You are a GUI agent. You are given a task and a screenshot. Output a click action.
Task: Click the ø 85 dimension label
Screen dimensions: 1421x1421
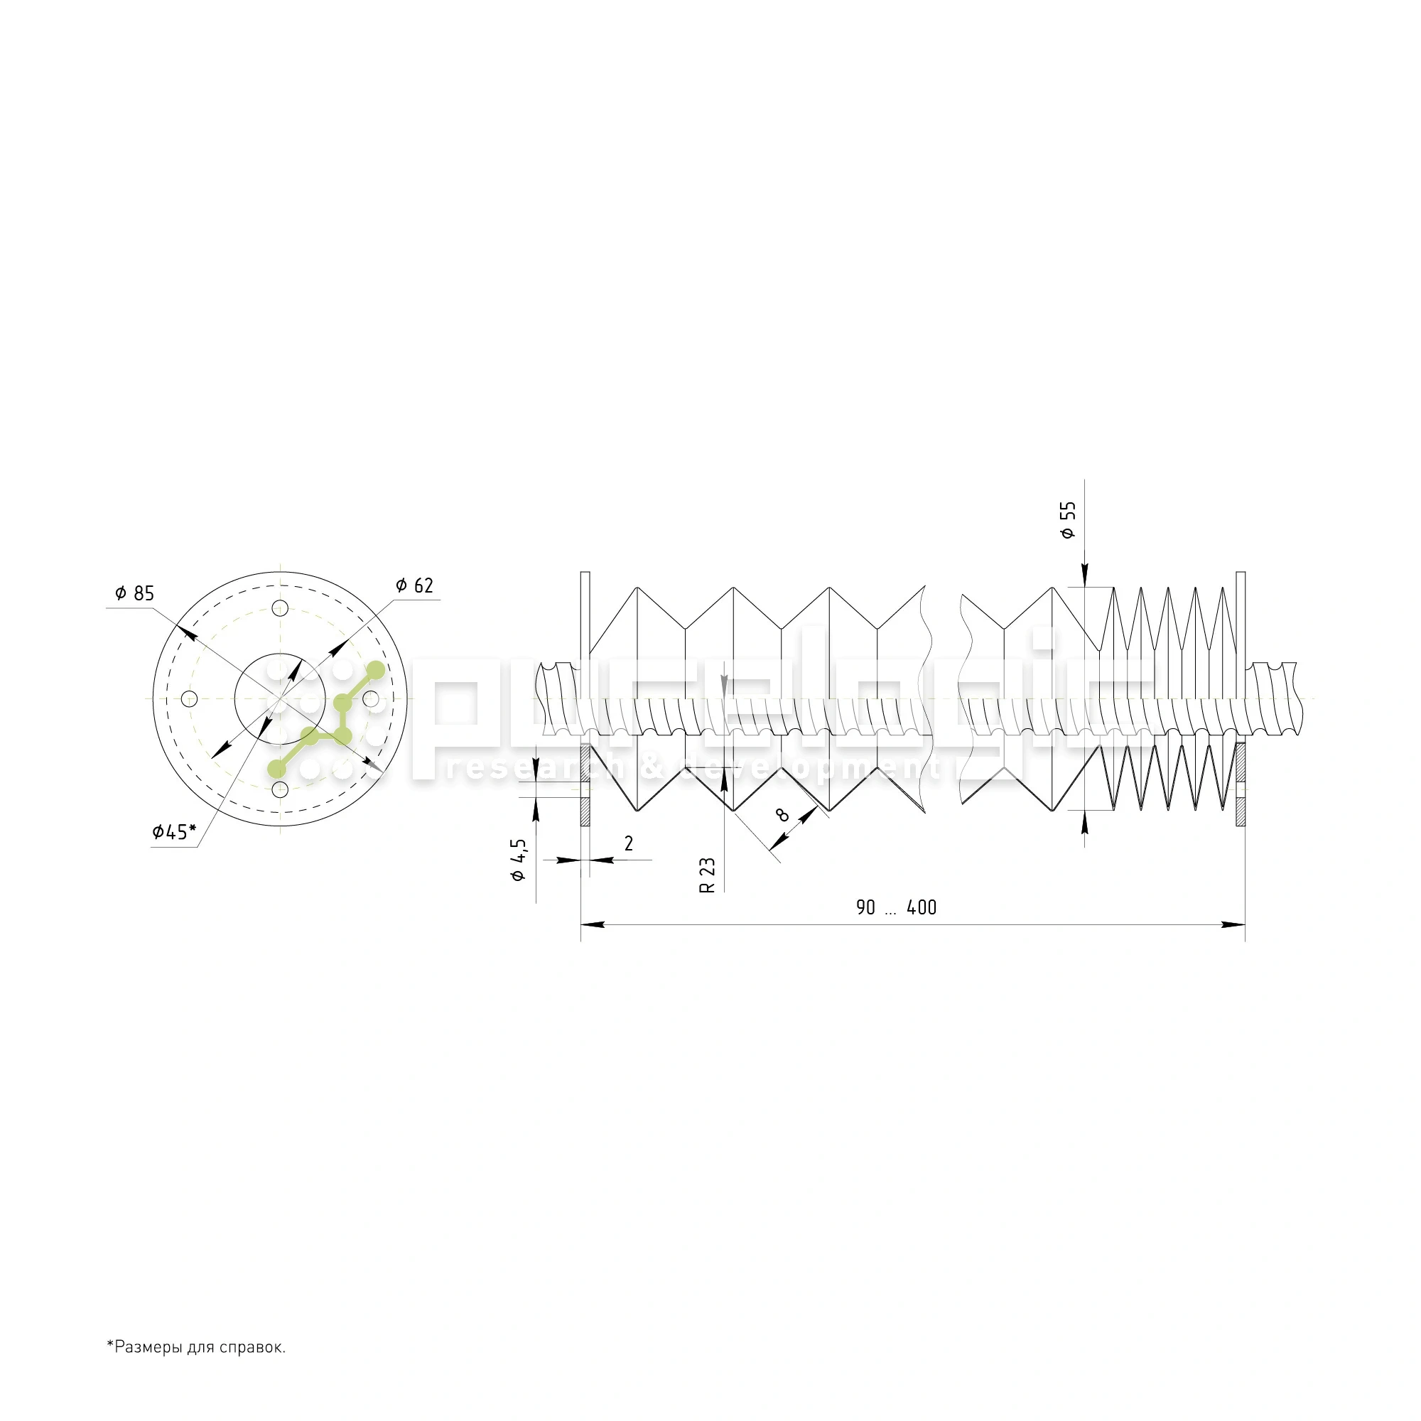pos(135,593)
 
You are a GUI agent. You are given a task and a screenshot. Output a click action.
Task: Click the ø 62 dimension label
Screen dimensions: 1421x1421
pos(415,585)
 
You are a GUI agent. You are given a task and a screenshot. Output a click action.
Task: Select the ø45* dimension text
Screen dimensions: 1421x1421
pos(174,832)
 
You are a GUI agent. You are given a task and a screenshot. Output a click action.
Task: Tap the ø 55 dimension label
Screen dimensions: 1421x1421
pos(1068,521)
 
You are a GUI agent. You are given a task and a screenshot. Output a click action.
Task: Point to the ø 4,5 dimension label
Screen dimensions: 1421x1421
pos(519,859)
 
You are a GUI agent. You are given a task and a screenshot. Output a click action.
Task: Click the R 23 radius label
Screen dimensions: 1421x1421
pos(707,875)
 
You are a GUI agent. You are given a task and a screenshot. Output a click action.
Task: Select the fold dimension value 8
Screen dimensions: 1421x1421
pos(782,814)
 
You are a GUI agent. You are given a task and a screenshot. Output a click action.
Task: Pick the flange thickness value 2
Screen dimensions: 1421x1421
pos(628,843)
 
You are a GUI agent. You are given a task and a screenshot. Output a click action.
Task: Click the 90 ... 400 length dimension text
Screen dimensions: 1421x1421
pos(896,907)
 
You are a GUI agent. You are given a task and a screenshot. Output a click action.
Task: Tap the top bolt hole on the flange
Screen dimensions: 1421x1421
pos(279,607)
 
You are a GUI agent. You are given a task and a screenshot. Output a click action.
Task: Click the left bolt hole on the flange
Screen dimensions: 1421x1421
pos(189,698)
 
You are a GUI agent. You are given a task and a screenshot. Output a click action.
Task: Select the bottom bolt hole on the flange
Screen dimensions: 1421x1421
pos(279,789)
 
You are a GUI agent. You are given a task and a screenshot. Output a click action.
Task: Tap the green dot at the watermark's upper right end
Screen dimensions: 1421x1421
pos(375,670)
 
